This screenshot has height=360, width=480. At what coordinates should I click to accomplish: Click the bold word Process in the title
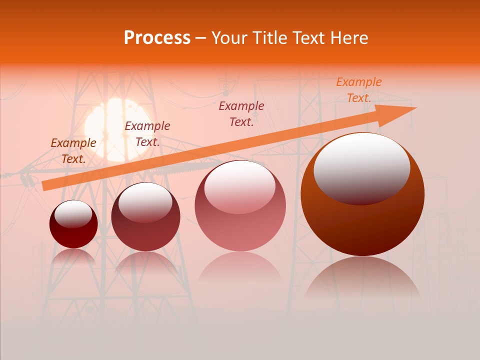tap(157, 38)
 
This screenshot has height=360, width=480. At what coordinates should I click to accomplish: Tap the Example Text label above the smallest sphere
tap(73, 150)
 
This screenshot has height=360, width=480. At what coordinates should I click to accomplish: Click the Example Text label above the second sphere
tap(147, 134)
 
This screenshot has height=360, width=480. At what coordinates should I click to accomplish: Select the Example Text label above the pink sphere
tap(241, 113)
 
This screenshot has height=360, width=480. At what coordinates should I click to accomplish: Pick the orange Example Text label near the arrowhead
tap(358, 90)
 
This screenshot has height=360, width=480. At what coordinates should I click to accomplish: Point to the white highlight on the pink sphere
tap(240, 186)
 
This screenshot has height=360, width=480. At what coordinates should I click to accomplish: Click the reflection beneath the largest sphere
tap(362, 280)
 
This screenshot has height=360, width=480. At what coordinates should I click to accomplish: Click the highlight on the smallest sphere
tap(73, 214)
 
